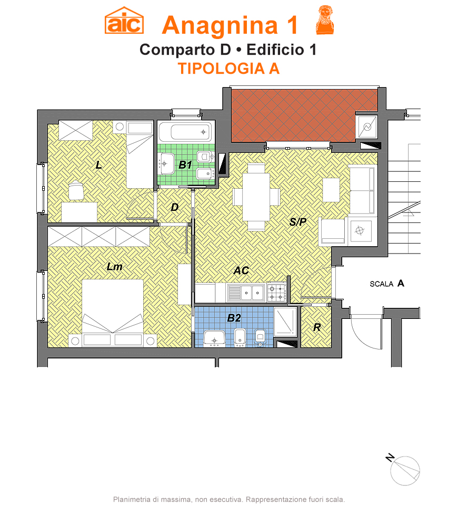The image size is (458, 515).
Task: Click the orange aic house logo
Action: click(124, 21)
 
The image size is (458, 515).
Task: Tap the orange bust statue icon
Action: click(324, 20)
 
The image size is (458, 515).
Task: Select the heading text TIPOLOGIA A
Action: click(228, 69)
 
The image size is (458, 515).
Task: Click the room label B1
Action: click(185, 164)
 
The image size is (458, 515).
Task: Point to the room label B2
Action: click(234, 318)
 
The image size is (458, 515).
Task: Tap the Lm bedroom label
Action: click(115, 266)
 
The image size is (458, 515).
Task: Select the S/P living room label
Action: click(298, 222)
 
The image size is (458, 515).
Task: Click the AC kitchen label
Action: click(241, 270)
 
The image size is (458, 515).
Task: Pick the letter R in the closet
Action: click(317, 327)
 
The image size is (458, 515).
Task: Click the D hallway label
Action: click(175, 207)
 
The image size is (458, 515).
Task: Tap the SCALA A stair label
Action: click(387, 284)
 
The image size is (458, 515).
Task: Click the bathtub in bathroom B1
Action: click(185, 132)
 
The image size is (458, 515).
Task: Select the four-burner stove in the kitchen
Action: click(276, 293)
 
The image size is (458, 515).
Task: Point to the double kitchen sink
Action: click(246, 293)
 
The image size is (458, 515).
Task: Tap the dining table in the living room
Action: click(256, 197)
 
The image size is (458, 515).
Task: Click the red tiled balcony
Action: click(304, 115)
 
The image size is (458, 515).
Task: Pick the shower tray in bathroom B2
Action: click(285, 322)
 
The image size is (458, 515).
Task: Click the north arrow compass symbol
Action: click(404, 470)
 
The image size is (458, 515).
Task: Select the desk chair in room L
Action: click(76, 190)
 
